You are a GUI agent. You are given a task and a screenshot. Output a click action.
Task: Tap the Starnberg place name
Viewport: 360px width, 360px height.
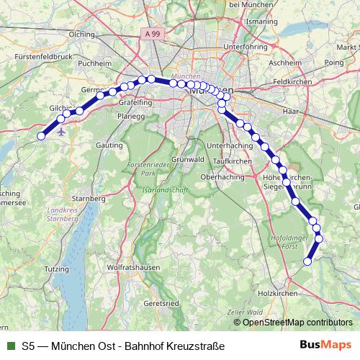[89, 197]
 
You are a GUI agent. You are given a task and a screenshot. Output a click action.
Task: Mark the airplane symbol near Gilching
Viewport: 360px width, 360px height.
[61, 132]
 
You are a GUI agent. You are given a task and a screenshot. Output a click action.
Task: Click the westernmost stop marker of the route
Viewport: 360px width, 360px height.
[41, 135]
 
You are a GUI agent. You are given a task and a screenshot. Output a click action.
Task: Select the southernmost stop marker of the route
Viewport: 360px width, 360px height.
[307, 261]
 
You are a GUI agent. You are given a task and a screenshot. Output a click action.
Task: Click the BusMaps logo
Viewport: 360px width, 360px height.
[325, 346]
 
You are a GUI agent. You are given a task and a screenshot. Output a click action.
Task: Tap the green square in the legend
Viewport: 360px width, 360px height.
[10, 346]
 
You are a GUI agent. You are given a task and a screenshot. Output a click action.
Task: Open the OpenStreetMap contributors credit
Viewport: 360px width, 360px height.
[297, 323]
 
